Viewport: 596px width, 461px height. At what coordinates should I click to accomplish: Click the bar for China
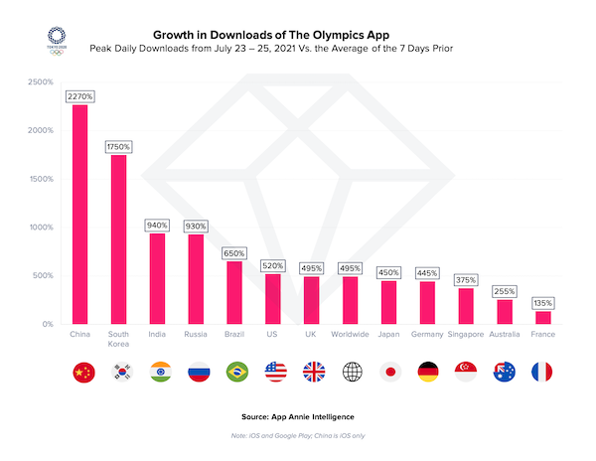coord(80,214)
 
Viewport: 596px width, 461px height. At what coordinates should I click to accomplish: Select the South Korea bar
coord(118,239)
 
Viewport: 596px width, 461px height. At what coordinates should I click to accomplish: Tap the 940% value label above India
coord(157,225)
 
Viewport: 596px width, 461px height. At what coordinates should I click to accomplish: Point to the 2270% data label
coord(80,96)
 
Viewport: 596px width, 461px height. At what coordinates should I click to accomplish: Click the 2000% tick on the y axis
coord(41,130)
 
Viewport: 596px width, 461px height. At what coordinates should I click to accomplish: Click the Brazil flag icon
coord(236,373)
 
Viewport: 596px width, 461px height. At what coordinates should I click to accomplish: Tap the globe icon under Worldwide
coord(351,373)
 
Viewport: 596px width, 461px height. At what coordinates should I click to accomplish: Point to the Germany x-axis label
coord(427,335)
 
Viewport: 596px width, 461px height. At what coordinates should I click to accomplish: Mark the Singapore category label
coord(465,335)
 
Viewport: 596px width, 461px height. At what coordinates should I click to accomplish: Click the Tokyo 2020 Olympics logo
coord(59,39)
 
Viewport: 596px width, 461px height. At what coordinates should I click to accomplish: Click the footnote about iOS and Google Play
coord(297,438)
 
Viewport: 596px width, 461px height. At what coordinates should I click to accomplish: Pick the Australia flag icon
coord(504,373)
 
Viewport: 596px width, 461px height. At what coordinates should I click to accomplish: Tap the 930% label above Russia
coord(195,226)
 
